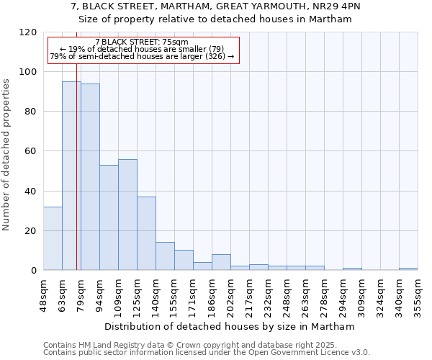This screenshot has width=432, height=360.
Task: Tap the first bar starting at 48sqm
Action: tap(53, 238)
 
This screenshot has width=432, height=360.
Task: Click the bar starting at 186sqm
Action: tap(221, 262)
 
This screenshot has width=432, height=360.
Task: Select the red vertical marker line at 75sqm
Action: tap(76, 180)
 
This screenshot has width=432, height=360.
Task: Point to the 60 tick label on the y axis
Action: tap(31, 151)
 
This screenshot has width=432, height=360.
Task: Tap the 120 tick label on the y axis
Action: tap(28, 32)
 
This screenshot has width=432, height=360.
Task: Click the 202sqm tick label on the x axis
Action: tap(230, 294)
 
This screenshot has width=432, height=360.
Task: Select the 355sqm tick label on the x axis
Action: tap(418, 294)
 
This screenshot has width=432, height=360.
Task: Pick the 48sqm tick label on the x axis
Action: tap(43, 293)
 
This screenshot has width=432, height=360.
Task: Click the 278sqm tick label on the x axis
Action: tap(324, 294)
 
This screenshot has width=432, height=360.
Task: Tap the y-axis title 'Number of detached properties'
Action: tap(7, 155)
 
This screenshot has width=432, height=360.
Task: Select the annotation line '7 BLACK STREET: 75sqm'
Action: tap(141, 42)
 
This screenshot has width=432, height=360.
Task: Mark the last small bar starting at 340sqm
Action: tap(408, 269)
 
